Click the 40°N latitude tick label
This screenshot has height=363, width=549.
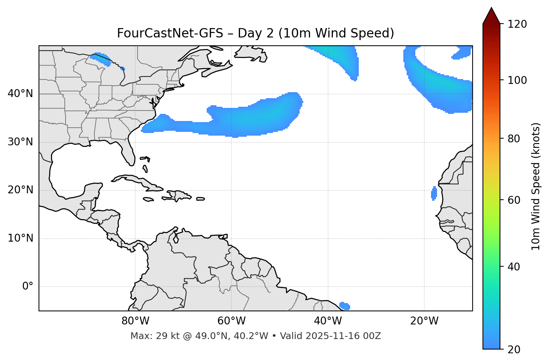coord(20,94)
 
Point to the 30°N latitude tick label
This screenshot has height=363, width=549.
coord(20,142)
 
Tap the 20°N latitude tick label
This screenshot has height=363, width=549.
coord(20,190)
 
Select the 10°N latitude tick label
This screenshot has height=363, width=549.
coord(20,238)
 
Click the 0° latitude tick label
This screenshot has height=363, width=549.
coord(28,287)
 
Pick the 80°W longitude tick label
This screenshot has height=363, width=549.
coord(135,321)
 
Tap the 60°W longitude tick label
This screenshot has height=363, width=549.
coord(231,321)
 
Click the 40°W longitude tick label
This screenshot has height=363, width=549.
coord(328,321)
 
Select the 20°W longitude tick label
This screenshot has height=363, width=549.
coord(424,321)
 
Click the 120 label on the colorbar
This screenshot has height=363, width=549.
coord(517,24)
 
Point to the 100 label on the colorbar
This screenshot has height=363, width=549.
coord(517,80)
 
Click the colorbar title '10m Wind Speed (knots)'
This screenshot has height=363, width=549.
coord(536,186)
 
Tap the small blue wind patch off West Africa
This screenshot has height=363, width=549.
coord(434,193)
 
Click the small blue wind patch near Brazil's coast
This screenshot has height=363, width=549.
coord(345,306)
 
